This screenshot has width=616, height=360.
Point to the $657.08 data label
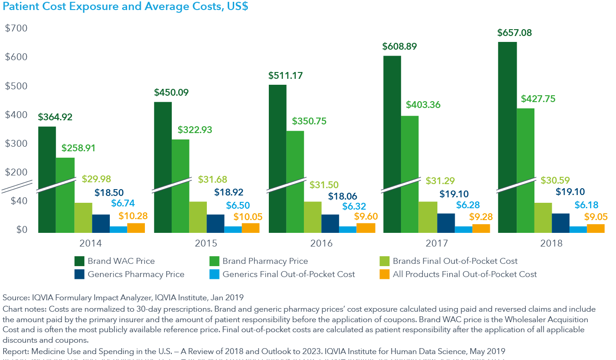tap(514, 33)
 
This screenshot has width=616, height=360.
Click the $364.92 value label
tap(55, 117)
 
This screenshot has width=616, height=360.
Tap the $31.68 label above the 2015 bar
tap(212, 180)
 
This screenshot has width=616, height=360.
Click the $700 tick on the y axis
tap(16, 28)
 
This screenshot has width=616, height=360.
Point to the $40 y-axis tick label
tap(19, 201)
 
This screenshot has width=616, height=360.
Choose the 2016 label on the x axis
tap(322, 243)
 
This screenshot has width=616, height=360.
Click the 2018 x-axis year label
tap(551, 243)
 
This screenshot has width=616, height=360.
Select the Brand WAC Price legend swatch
tap(79, 261)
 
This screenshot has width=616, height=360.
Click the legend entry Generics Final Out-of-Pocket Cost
tap(289, 274)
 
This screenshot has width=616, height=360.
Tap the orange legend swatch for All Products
tap(385, 274)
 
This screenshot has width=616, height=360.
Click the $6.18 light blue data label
tap(586, 205)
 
